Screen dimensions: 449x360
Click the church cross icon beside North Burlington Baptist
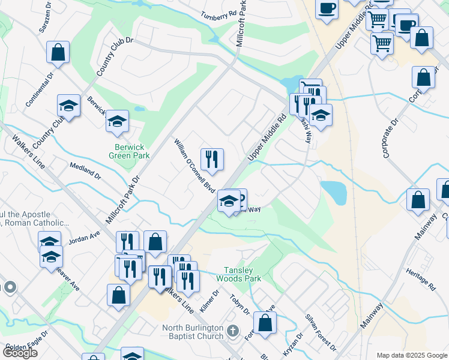(234, 330)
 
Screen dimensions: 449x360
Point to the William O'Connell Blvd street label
(194, 165)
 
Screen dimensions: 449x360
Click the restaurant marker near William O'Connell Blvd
(212, 160)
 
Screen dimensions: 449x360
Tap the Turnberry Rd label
(218, 14)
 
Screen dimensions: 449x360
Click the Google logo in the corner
(19, 353)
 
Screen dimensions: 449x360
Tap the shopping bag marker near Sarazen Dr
(58, 52)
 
